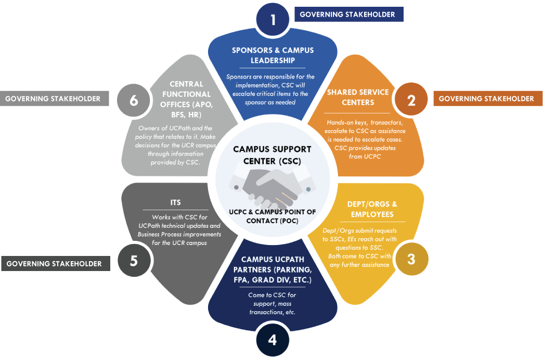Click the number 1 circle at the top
click(x=273, y=20)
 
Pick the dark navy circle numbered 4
click(x=273, y=340)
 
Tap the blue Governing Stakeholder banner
click(x=348, y=14)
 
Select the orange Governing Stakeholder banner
click(x=486, y=98)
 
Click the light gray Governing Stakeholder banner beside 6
click(x=54, y=98)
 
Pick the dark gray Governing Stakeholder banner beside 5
click(x=55, y=263)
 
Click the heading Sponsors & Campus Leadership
click(x=273, y=55)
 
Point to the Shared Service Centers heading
click(x=358, y=97)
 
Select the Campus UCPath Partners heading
click(x=273, y=270)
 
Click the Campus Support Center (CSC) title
click(x=272, y=155)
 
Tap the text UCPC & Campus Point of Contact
click(x=272, y=216)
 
